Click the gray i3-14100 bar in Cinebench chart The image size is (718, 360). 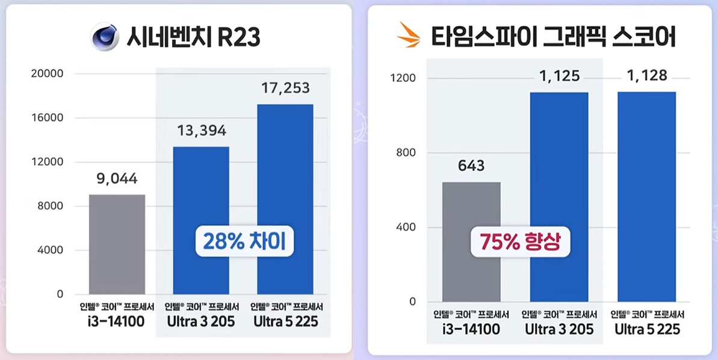(117, 244)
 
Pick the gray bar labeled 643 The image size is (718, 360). (471, 241)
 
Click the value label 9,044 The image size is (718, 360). (117, 179)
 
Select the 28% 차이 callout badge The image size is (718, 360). (244, 241)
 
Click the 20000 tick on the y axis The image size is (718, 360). (47, 74)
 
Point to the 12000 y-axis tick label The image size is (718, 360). (47, 162)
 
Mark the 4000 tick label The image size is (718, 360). (51, 250)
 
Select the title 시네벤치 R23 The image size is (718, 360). (193, 37)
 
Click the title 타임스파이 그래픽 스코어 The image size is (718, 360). (553, 38)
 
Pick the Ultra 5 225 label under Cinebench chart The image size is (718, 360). (285, 321)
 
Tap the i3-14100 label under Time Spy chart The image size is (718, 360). (471, 329)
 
